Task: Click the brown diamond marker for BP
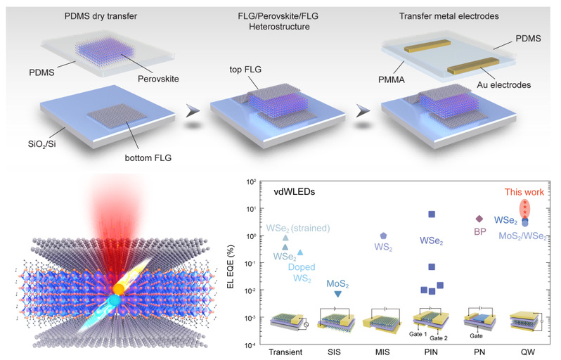coord(479,219)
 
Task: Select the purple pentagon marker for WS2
coord(383,236)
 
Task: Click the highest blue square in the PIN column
coord(432,214)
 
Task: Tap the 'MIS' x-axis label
coord(384,349)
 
